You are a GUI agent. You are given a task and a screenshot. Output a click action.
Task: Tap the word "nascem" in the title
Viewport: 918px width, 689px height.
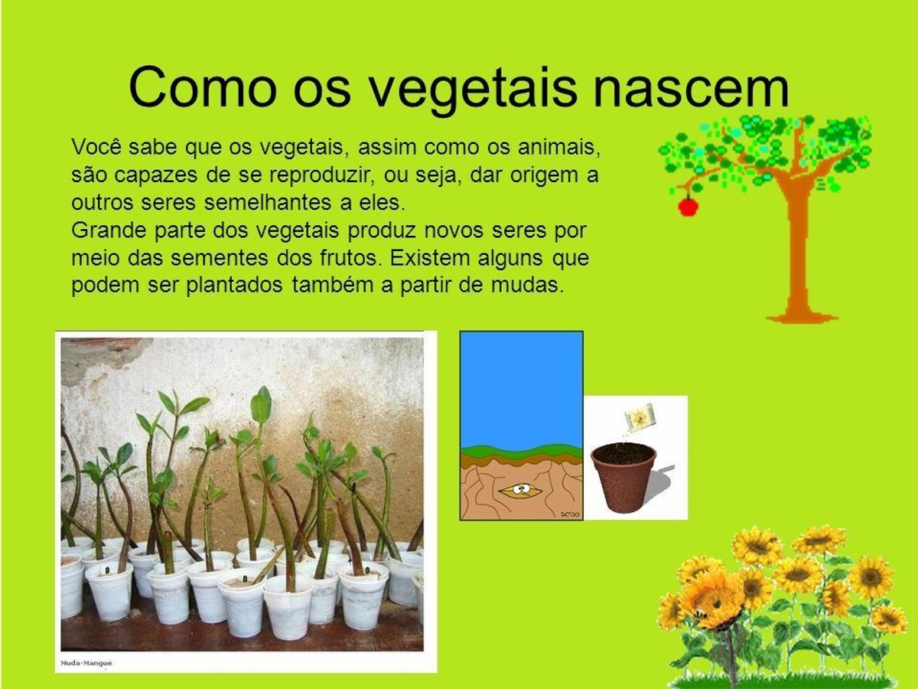tap(692, 89)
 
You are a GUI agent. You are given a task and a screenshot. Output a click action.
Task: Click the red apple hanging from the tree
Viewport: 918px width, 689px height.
tap(688, 207)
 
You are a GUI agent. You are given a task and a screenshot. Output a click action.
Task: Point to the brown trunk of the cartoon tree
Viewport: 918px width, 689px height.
tap(799, 251)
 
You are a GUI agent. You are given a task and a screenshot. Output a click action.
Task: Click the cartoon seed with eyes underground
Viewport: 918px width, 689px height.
tap(520, 490)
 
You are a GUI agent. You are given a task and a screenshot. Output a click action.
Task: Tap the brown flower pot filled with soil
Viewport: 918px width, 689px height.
tap(623, 477)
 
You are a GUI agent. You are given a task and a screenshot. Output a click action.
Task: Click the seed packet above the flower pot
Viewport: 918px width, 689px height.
tap(639, 416)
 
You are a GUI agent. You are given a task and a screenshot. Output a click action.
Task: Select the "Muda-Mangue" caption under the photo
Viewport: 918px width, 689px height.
tap(86, 663)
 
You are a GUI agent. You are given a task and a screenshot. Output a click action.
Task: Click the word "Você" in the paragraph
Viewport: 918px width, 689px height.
tap(96, 147)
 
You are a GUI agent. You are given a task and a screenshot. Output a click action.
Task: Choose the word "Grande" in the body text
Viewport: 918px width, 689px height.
tap(109, 230)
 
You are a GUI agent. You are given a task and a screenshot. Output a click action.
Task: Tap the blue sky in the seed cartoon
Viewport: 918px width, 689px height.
tap(521, 389)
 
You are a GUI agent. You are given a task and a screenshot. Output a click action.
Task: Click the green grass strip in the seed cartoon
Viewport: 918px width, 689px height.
tap(521, 452)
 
